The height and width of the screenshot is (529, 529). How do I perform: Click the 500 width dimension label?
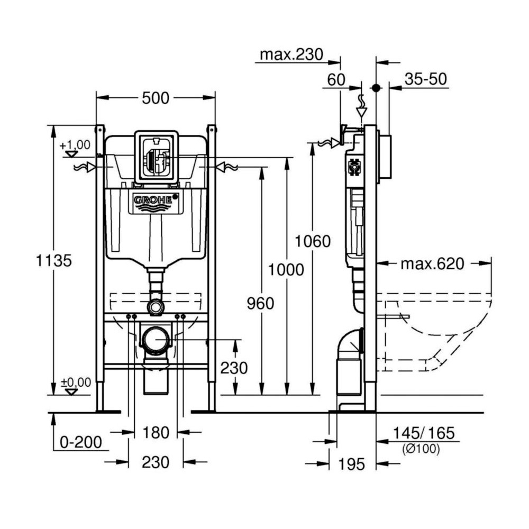(x=155, y=98)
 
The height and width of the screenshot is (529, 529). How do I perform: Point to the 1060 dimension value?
(x=313, y=241)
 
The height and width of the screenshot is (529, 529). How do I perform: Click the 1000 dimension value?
(x=286, y=270)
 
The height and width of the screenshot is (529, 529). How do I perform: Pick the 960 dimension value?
(x=261, y=304)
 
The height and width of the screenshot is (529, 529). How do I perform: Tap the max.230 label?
(x=291, y=54)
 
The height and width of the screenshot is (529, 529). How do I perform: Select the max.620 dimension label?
(x=432, y=263)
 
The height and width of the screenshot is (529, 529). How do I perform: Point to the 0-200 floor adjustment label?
(x=80, y=442)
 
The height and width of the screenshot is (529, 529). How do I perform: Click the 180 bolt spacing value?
(x=156, y=432)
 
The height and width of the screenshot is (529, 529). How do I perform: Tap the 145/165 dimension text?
(x=424, y=433)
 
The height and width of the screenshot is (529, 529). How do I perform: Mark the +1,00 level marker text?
(x=75, y=144)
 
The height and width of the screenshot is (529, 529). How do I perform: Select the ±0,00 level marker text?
(x=75, y=382)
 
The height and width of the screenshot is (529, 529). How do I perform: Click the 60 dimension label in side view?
(x=336, y=80)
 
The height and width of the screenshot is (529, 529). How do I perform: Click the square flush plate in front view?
(x=156, y=157)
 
